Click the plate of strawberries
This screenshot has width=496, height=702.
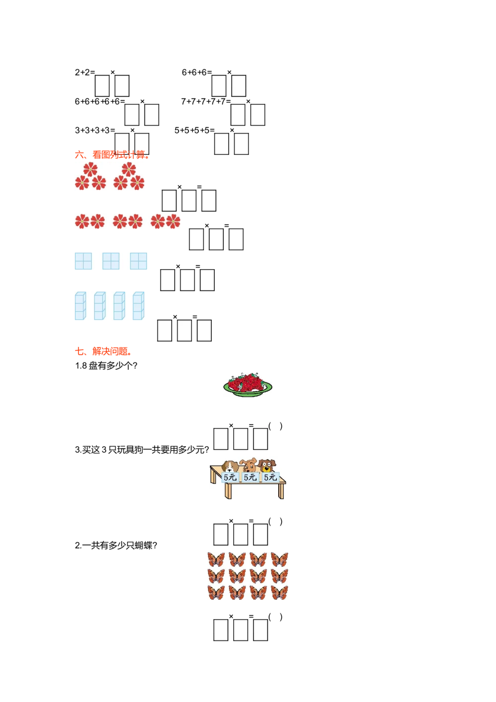click(248, 385)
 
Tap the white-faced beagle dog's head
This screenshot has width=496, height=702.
click(229, 467)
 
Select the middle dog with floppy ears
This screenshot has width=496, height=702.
click(249, 465)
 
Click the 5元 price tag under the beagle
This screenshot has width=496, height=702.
click(230, 478)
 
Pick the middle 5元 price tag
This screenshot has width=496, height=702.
click(250, 478)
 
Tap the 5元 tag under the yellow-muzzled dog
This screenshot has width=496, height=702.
click(270, 478)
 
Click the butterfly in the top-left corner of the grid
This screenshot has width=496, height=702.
click(216, 560)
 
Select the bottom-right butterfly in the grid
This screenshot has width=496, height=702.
click(280, 593)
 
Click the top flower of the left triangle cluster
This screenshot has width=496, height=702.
click(90, 169)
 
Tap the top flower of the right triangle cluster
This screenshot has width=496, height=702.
click(128, 169)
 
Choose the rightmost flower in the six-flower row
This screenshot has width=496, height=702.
click(173, 221)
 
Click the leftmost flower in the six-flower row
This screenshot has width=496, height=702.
click(82, 221)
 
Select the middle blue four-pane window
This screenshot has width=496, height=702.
click(111, 261)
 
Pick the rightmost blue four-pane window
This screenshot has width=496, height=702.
click(138, 261)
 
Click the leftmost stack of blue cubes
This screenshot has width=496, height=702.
click(80, 306)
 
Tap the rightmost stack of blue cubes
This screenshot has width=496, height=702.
click(139, 306)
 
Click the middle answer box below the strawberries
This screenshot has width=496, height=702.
click(240, 436)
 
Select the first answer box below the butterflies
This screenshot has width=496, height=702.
click(220, 627)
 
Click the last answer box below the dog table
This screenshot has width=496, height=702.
click(260, 531)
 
